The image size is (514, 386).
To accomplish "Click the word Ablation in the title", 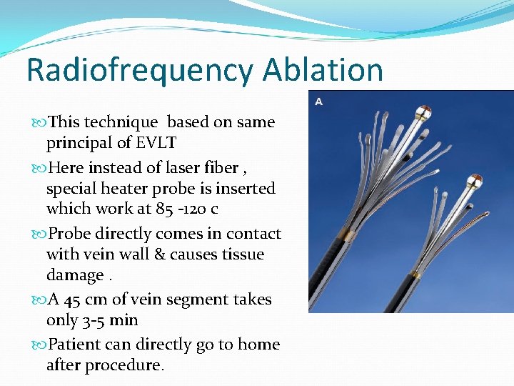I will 323,70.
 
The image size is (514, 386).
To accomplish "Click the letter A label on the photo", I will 318,102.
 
